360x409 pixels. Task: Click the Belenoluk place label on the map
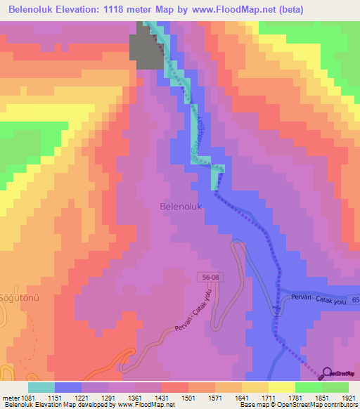tap(181, 207)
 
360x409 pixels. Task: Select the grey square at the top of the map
tap(146, 51)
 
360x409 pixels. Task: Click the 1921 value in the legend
tap(348, 397)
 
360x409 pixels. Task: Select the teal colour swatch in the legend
tap(41, 387)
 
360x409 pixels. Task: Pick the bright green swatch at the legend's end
tap(335, 387)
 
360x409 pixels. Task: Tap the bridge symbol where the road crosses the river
tap(276, 308)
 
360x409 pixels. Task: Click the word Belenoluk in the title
tap(34, 10)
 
